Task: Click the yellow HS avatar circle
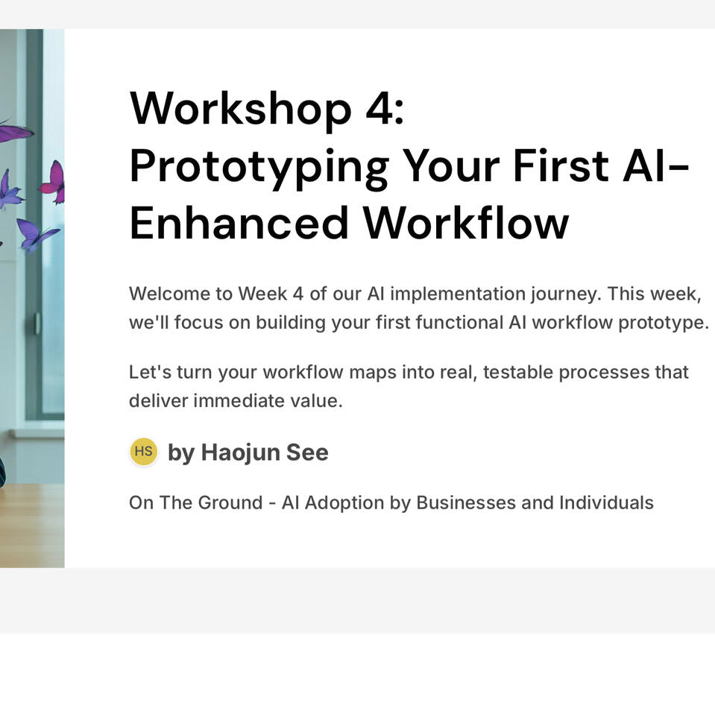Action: pyautogui.click(x=144, y=451)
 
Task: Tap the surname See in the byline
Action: pyautogui.click(x=307, y=453)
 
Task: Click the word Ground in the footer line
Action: pyautogui.click(x=230, y=503)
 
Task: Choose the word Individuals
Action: pyautogui.click(x=606, y=503)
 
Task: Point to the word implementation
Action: pyautogui.click(x=458, y=294)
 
